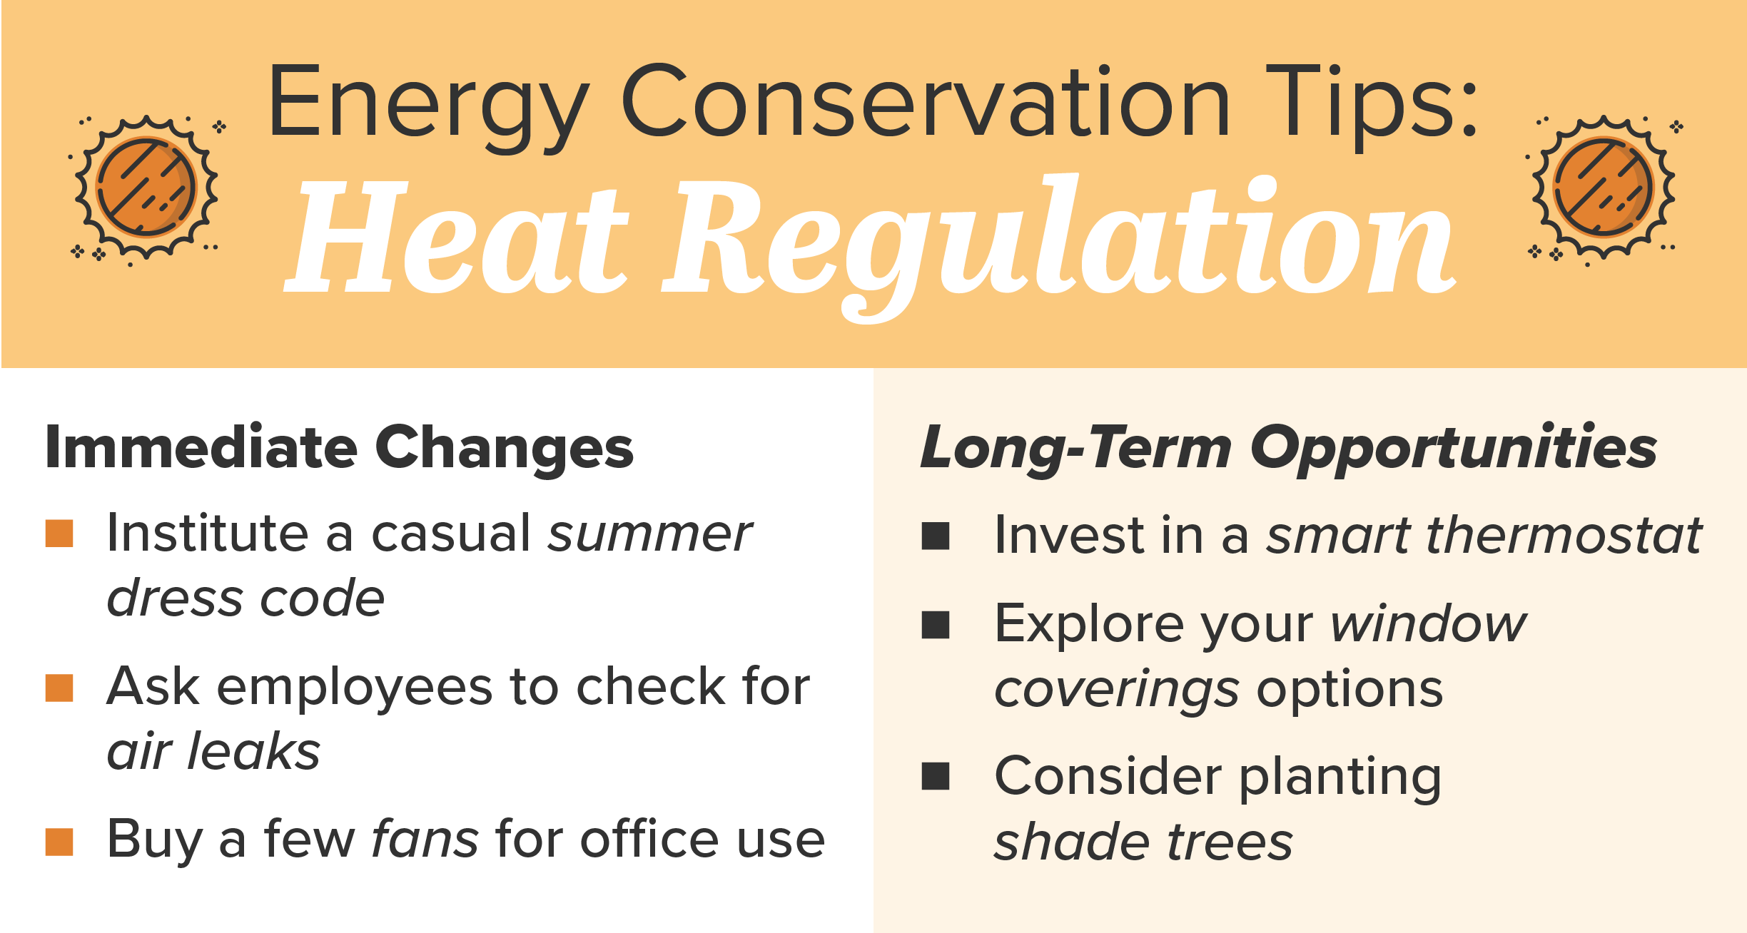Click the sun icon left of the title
[147, 187]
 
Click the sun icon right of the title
[1604, 187]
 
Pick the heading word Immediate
[201, 447]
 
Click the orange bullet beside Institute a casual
[59, 534]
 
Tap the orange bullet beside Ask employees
[59, 688]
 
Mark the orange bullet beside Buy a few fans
[59, 842]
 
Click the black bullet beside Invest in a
[936, 536]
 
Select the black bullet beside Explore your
[936, 625]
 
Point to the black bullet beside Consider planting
[936, 777]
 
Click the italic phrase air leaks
[213, 751]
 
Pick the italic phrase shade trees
[1143, 841]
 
